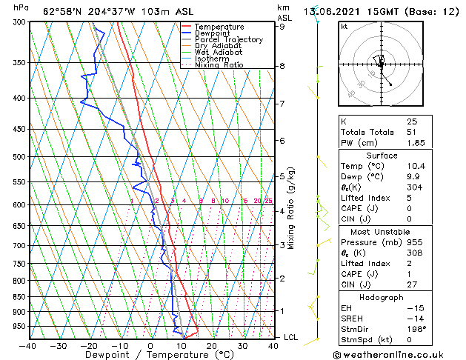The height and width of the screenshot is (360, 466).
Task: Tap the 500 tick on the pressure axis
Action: coord(19,157)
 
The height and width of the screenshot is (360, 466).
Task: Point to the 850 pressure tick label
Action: coord(19,297)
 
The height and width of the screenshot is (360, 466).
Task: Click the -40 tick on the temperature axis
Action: coord(28,345)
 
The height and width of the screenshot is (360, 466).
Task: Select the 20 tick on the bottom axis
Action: coord(212,345)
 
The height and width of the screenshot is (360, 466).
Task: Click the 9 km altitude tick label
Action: coord(282,27)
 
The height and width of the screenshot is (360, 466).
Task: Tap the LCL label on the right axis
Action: coord(290,338)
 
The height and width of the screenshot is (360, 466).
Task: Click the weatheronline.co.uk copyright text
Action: coord(398,353)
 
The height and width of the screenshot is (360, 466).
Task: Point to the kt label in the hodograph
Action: coord(344,26)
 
